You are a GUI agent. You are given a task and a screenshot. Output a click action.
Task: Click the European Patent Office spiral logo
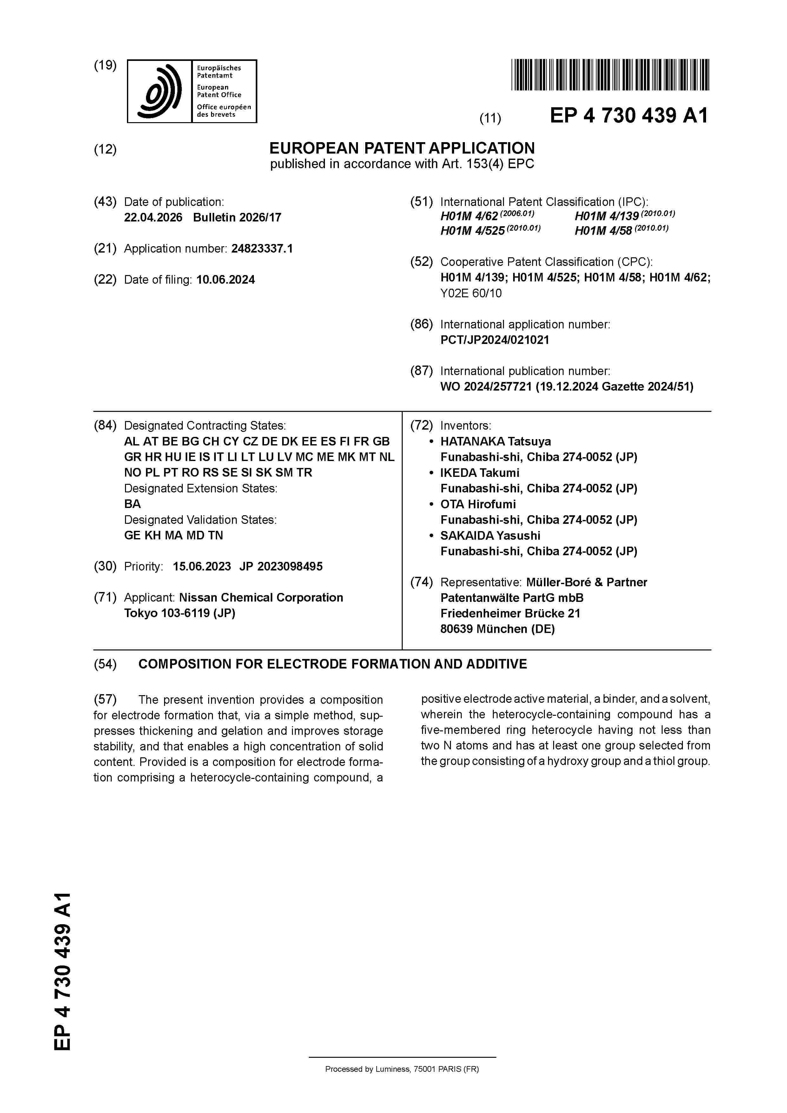pyautogui.click(x=160, y=91)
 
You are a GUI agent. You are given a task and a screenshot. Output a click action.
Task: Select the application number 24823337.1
pyautogui.click(x=262, y=249)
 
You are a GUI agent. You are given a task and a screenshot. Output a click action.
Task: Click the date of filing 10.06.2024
pyautogui.click(x=226, y=280)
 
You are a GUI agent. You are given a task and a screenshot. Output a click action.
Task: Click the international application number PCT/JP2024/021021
pyautogui.click(x=495, y=340)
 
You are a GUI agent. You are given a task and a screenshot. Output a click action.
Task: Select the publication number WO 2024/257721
pyautogui.click(x=486, y=387)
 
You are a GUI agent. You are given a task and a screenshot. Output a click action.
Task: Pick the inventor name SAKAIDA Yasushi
pyautogui.click(x=490, y=536)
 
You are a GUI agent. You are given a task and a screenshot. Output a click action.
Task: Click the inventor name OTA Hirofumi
pyautogui.click(x=478, y=504)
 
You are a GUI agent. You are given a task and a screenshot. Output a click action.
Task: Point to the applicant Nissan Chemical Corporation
pyautogui.click(x=261, y=598)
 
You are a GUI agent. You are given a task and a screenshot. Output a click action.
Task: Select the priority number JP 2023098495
pyautogui.click(x=281, y=567)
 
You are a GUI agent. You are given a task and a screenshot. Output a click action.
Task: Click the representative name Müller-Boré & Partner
pyautogui.click(x=587, y=582)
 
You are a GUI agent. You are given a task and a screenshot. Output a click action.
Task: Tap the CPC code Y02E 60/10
pyautogui.click(x=471, y=293)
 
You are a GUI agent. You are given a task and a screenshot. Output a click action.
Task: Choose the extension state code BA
pyautogui.click(x=132, y=504)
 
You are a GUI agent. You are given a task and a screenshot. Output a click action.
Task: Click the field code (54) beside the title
pyautogui.click(x=105, y=664)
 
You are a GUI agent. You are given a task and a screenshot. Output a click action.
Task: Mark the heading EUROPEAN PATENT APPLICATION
pyautogui.click(x=402, y=148)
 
